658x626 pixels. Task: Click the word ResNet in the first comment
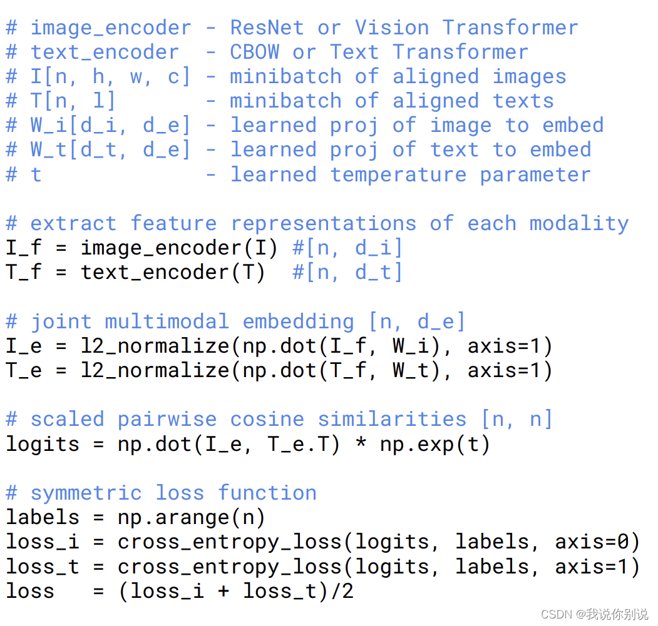(x=267, y=28)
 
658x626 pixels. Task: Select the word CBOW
(x=255, y=52)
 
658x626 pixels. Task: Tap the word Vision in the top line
(x=392, y=28)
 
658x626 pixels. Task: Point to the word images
(x=530, y=77)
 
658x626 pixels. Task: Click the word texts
(x=523, y=101)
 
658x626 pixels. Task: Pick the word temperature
(x=398, y=174)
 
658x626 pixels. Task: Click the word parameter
(x=535, y=175)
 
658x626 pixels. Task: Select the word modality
(x=579, y=224)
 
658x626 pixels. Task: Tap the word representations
(x=324, y=224)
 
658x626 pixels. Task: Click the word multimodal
(x=167, y=321)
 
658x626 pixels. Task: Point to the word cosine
(x=267, y=419)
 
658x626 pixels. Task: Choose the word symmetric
(x=86, y=493)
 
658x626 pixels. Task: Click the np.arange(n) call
(x=191, y=517)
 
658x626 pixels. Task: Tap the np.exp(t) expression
(x=434, y=445)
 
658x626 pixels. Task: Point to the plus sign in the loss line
(x=224, y=591)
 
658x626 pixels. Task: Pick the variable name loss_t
(x=43, y=567)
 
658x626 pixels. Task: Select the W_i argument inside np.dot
(x=411, y=346)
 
